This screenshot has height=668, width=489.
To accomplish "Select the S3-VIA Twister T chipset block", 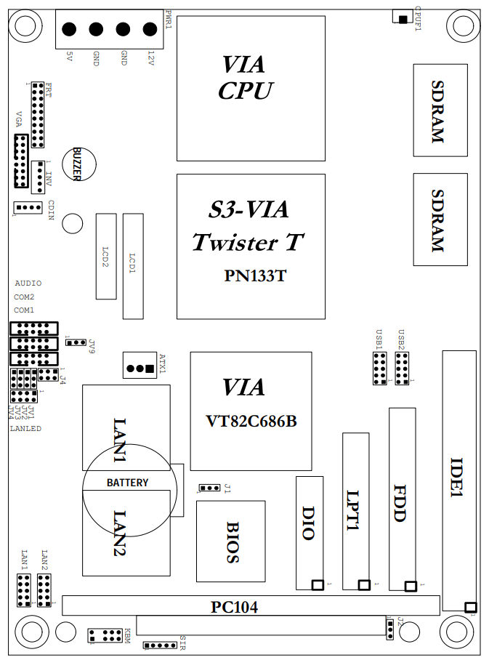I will pos(251,246).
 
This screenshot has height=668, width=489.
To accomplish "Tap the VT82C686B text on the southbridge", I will pos(251,421).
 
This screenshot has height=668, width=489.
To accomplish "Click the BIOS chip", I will pos(231,542).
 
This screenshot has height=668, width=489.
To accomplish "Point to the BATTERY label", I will pos(127,483).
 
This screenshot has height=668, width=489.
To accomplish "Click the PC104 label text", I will pos(234,606).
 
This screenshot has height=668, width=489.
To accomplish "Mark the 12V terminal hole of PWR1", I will pos(150,30).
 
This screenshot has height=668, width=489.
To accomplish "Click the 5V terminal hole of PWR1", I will pos(69,30).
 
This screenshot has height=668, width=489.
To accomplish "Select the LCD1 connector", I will pos(133,266).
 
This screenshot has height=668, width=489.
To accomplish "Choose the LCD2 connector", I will pos(106,257).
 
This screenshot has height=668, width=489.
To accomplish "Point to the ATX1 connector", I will pos(141,368).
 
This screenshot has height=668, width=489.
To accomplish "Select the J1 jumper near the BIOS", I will pos(210,488).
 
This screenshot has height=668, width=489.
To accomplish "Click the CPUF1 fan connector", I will pos(400,17).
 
